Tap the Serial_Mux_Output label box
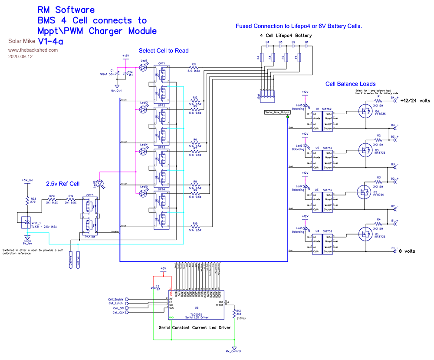tap(277, 112)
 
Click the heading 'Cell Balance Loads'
tap(350, 84)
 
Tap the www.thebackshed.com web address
tap(33, 50)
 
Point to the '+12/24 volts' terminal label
tap(415, 100)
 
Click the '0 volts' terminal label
tap(408, 251)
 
